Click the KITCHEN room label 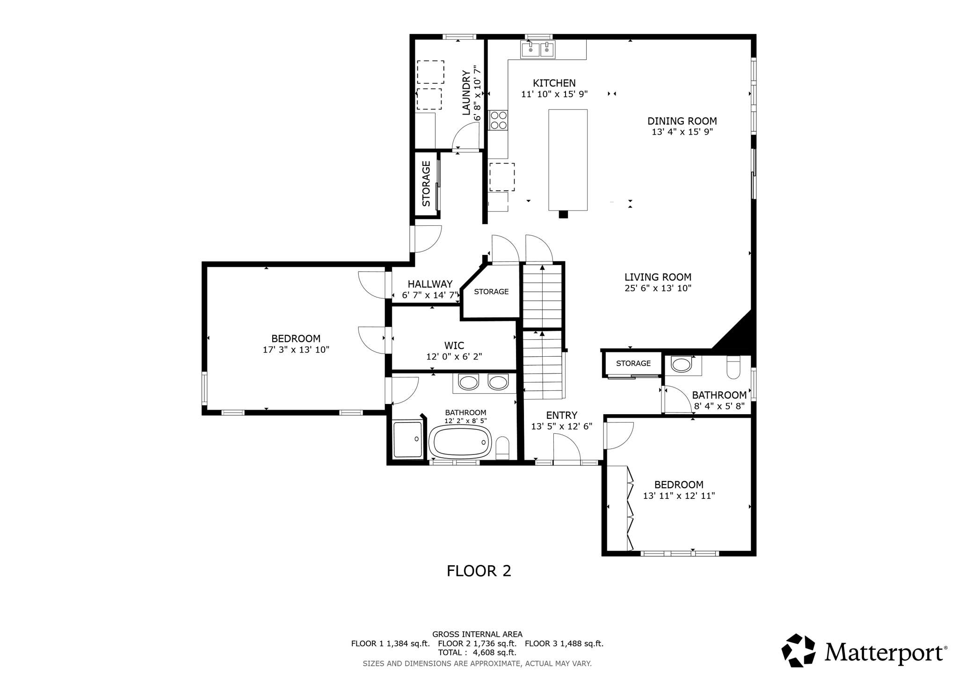[x=554, y=83]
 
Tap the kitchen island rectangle [x=567, y=160]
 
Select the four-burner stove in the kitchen [x=498, y=120]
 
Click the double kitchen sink [x=538, y=49]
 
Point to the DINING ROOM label [x=682, y=121]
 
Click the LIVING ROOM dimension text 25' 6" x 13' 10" [x=658, y=288]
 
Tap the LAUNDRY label [x=466, y=93]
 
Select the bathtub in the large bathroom [x=460, y=442]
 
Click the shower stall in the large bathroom [x=407, y=439]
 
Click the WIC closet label [x=454, y=346]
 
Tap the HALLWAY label [x=430, y=284]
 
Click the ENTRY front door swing [x=566, y=449]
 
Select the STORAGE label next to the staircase [x=491, y=292]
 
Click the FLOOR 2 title [x=479, y=571]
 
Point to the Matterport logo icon [x=799, y=650]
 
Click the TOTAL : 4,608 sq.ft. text [x=477, y=652]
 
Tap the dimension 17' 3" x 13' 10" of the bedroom [x=296, y=349]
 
